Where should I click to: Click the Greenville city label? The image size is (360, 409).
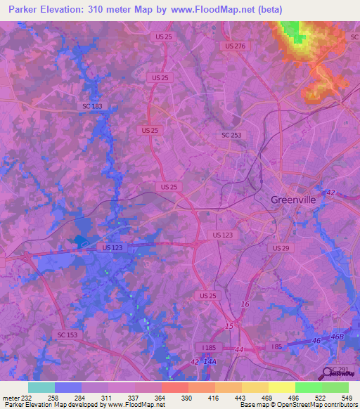pyautogui.click(x=294, y=200)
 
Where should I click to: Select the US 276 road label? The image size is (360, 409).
pyautogui.click(x=236, y=46)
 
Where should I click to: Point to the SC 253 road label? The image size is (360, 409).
pyautogui.click(x=231, y=135)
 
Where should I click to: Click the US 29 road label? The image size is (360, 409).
pyautogui.click(x=281, y=249)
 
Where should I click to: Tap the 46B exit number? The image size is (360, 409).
pyautogui.click(x=338, y=339)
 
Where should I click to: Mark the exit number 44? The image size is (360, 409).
pyautogui.click(x=239, y=349)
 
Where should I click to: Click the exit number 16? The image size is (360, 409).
pyautogui.click(x=245, y=304)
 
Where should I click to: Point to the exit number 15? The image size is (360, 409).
pyautogui.click(x=229, y=327)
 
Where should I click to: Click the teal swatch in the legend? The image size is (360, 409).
pyautogui.click(x=41, y=387)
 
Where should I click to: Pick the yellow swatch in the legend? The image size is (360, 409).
pyautogui.click(x=282, y=387)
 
